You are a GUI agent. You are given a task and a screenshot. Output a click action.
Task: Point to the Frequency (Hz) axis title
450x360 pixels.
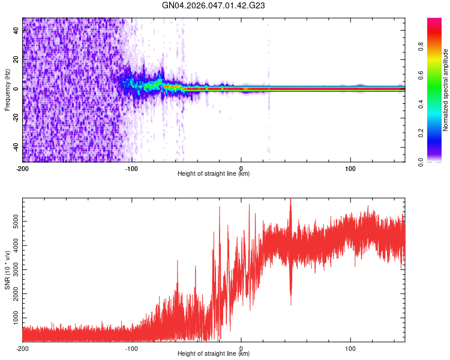7,90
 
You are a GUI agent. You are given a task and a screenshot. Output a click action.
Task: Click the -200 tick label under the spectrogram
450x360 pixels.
23,167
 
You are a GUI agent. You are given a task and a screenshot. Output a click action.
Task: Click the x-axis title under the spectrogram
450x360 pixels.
214,174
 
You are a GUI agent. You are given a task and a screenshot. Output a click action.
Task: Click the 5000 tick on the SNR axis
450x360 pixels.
13,221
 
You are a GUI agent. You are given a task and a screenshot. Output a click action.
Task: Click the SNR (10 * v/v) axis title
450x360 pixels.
7,270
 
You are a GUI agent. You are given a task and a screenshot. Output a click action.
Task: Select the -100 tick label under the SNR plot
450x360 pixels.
132,348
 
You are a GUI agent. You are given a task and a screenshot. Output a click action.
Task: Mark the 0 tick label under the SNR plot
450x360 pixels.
241,348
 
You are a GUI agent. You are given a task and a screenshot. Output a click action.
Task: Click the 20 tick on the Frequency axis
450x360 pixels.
17,60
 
